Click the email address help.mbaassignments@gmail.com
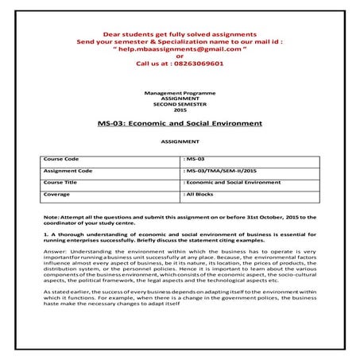tap(179, 48)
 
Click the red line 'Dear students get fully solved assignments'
tap(179, 33)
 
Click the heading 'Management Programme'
tap(179, 93)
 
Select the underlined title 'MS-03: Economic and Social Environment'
tap(179, 125)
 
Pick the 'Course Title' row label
tap(62, 182)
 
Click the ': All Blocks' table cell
tap(200, 193)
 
